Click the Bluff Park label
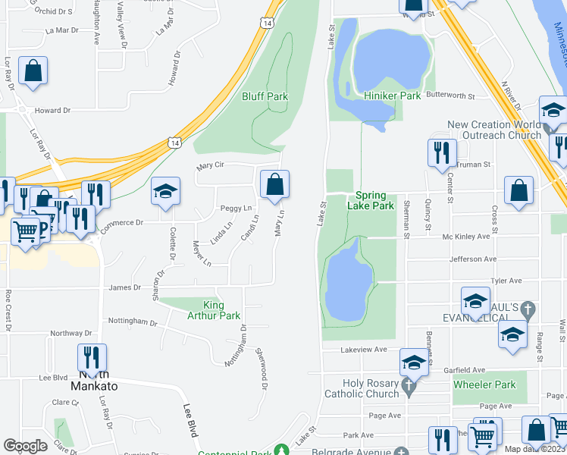(x=265, y=96)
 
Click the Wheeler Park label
(x=484, y=384)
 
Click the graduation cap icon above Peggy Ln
(x=165, y=192)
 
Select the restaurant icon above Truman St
(x=442, y=153)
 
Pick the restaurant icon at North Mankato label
(x=92, y=358)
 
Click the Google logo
(x=25, y=446)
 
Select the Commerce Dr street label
(x=122, y=223)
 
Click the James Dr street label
(x=125, y=287)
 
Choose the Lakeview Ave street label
(x=364, y=350)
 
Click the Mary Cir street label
(x=211, y=165)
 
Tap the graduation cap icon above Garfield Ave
(x=414, y=363)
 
